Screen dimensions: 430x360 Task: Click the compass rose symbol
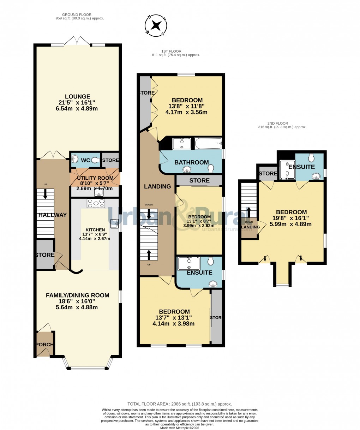[x=156, y=25]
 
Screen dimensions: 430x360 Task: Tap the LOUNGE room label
[x=77, y=97]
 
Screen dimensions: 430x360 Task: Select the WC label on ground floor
[x=85, y=160]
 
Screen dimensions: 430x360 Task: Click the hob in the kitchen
[x=96, y=203]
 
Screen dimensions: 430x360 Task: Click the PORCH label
[x=45, y=345]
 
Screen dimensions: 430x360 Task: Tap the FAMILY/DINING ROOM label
[x=77, y=295]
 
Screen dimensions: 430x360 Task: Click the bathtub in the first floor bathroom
[x=208, y=143]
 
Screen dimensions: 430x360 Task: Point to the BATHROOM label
[x=191, y=162]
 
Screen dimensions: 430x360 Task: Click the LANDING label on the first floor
[x=157, y=186]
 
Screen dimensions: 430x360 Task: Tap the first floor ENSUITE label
[x=199, y=273]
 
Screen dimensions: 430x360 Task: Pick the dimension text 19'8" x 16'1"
[x=291, y=218]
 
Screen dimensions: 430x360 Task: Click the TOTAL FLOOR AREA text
[x=180, y=404]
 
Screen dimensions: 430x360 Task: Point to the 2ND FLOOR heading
[x=282, y=123]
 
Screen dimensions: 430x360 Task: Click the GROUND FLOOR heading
[x=77, y=15]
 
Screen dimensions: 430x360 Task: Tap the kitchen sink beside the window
[x=114, y=222]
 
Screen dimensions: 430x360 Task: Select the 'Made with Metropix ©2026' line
[x=180, y=428]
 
